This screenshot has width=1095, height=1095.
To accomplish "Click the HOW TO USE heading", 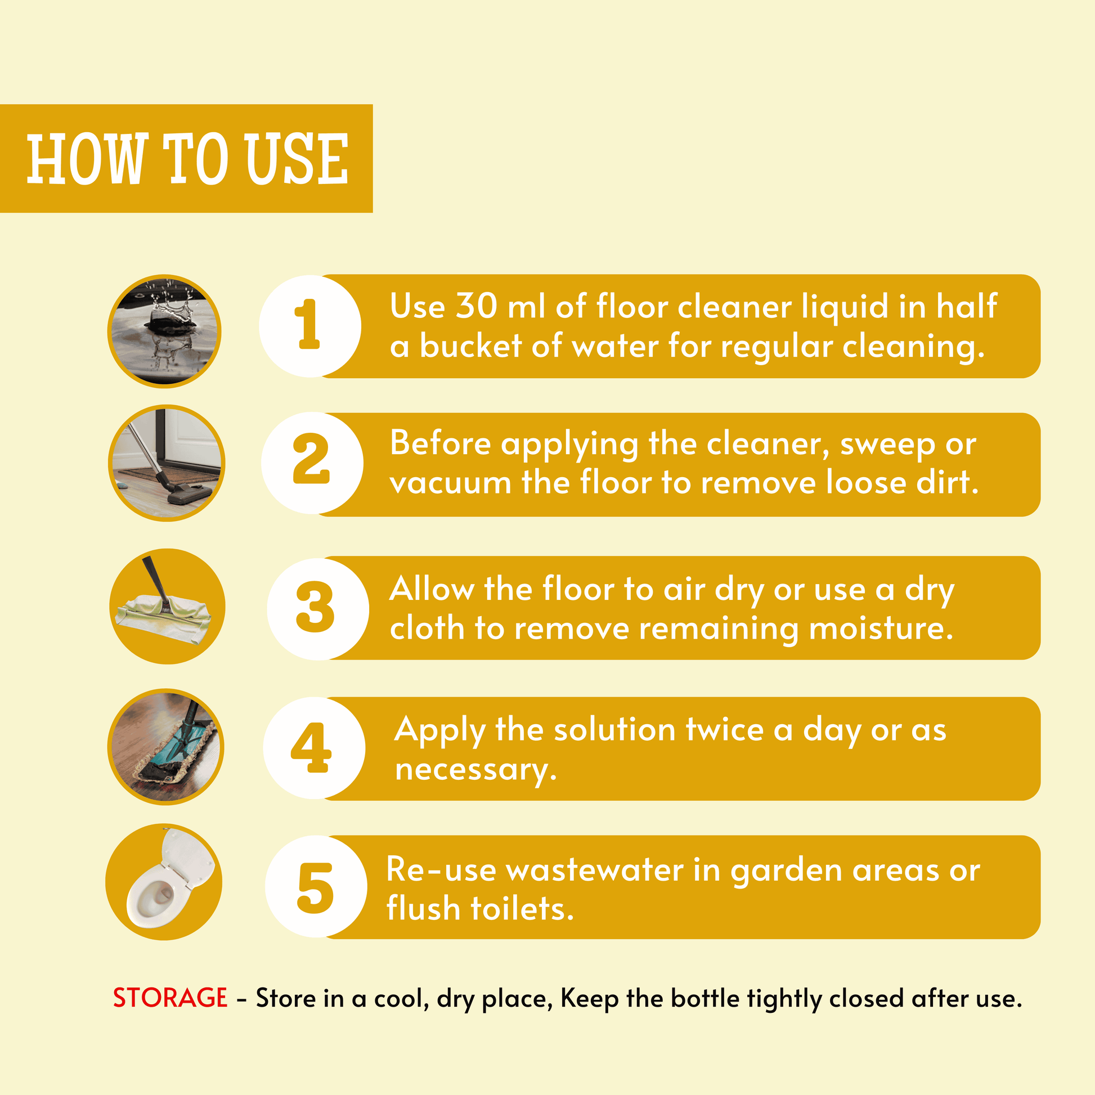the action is pos(187,159).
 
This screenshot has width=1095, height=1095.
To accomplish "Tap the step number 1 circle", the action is pos(310,326).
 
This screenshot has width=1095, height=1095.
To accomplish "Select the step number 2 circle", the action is pos(312,463).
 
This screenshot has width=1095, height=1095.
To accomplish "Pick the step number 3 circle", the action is pos(318,609).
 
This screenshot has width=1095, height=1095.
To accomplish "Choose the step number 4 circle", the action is pos(314,748).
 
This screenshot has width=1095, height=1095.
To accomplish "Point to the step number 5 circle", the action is pos(316,886).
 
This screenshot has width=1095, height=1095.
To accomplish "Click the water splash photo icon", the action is pos(164,331).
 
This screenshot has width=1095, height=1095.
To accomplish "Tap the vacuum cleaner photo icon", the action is pos(167,463).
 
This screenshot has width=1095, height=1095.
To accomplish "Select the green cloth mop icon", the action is pos(167,606).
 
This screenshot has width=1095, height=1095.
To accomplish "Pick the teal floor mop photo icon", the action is pos(166,747).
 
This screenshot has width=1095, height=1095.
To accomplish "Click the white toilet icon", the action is pos(164,881).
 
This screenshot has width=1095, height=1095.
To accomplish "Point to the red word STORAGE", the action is pos(170,998).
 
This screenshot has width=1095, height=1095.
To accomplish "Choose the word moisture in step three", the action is pos(881,629).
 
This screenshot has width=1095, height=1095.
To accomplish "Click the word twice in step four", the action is pos(725,729).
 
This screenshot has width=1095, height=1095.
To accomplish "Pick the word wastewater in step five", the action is pos(595,870).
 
